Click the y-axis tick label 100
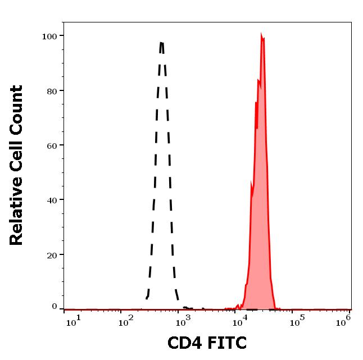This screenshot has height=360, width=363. coord(50,37)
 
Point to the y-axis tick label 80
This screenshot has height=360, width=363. coord(52,91)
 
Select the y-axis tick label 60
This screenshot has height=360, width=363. coord(52,145)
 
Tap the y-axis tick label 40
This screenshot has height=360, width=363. coord(52,200)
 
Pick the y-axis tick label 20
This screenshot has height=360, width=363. coord(52,255)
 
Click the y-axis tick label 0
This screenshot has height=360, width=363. coord(55,306)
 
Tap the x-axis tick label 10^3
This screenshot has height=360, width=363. coord(184,321)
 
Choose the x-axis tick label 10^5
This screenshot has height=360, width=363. coord(297,321)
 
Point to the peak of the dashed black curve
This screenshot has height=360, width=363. coord(162,43)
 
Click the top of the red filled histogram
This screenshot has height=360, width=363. coord(262,35)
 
